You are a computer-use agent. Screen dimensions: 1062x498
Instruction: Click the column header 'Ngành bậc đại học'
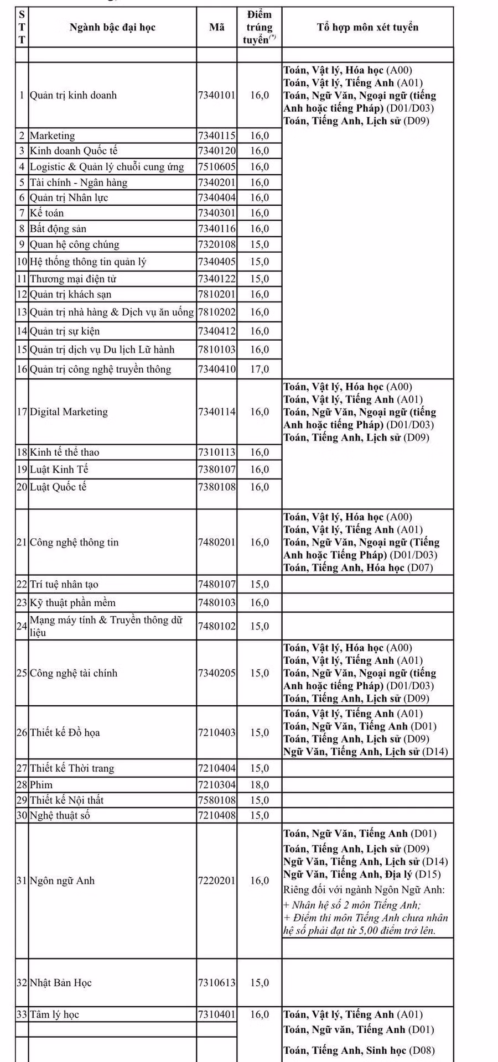(112, 28)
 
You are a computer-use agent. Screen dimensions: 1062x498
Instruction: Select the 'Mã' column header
(217, 27)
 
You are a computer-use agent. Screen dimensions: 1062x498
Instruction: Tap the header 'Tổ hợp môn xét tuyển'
(367, 27)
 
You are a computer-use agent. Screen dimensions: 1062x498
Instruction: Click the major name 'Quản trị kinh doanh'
(74, 95)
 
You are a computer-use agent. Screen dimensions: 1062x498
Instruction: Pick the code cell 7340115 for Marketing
(217, 136)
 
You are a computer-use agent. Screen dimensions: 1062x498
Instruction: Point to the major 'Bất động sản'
(58, 229)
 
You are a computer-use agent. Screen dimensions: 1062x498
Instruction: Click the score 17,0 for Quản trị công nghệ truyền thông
(260, 369)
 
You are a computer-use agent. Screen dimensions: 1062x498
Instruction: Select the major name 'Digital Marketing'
(69, 412)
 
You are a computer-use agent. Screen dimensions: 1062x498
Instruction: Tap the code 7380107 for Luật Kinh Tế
(217, 470)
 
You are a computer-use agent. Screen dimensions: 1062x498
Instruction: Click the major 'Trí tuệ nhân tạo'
(64, 584)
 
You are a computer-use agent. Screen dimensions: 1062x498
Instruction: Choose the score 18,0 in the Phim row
(260, 785)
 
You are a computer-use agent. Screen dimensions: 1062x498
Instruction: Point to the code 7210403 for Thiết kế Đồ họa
(217, 732)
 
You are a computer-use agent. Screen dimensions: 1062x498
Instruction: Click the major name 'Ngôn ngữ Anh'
(62, 881)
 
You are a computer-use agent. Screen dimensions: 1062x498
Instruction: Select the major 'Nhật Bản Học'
(61, 983)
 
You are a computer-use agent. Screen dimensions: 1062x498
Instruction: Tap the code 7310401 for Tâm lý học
(217, 1014)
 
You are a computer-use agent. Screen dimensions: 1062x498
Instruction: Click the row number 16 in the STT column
(22, 369)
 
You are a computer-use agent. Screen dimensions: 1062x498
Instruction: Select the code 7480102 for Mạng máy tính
(217, 626)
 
